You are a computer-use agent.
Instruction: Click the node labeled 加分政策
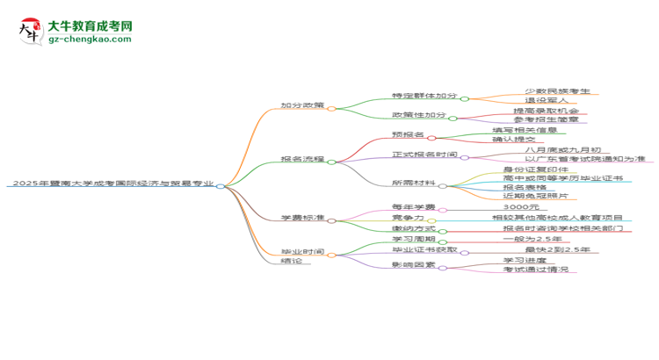pos(302,105)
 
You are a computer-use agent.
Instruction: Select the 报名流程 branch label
pos(302,159)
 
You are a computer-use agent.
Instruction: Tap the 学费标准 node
pos(302,216)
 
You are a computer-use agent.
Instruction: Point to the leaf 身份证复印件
pos(532,169)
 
